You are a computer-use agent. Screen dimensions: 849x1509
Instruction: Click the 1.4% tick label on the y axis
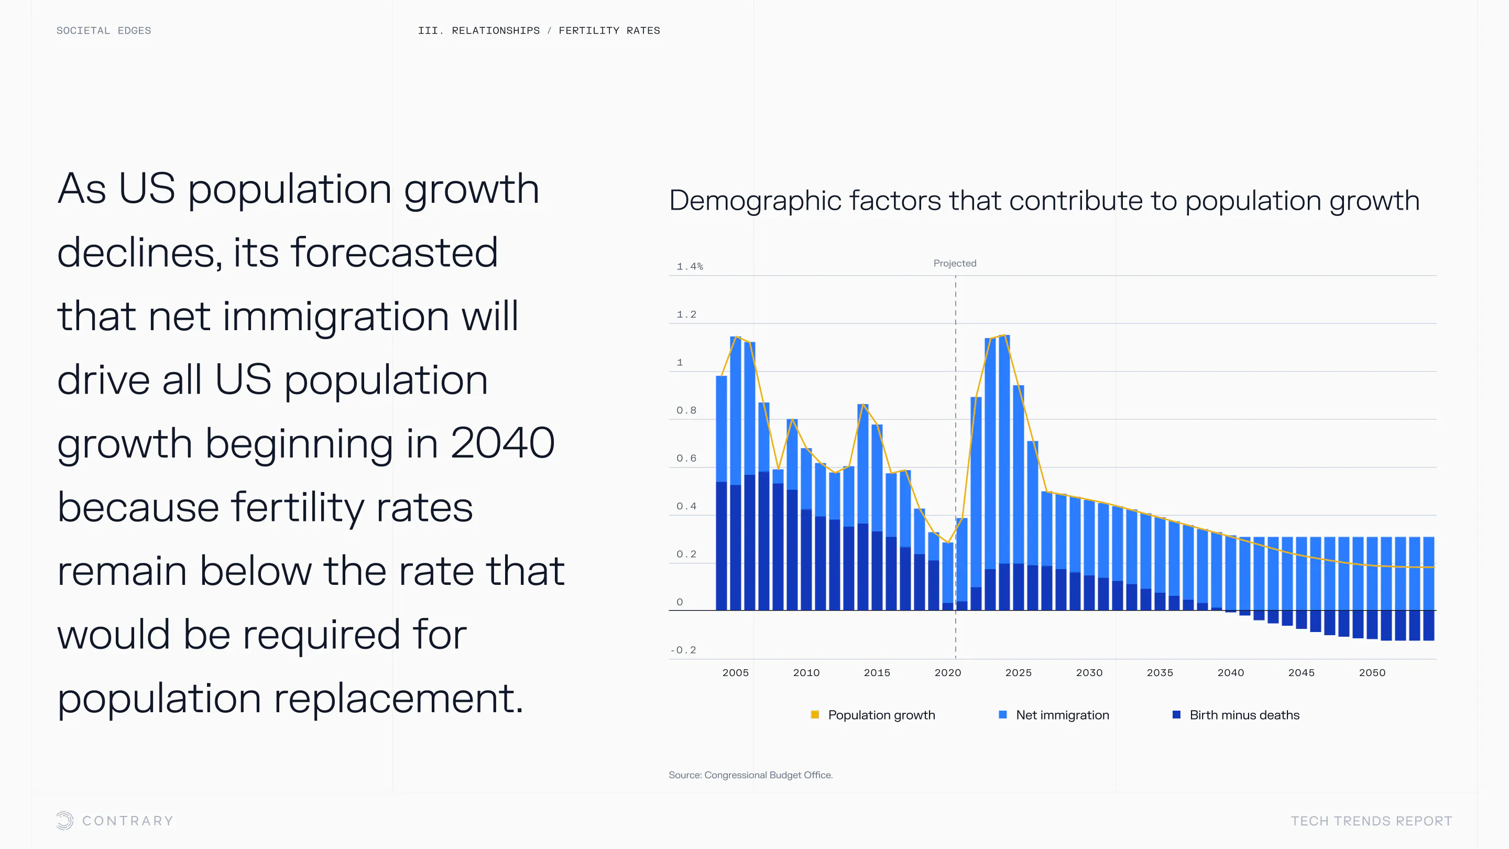(x=690, y=267)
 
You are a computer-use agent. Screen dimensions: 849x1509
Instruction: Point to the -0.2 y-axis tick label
(x=683, y=650)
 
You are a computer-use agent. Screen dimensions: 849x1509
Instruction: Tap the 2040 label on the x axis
(x=1230, y=672)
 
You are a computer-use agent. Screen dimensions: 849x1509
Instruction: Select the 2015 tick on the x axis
(x=877, y=672)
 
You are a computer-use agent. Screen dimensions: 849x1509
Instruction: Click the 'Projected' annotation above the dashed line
(x=954, y=263)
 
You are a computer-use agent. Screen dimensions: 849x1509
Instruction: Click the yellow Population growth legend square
(x=814, y=714)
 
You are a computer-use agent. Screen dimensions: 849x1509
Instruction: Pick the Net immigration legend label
(x=1062, y=715)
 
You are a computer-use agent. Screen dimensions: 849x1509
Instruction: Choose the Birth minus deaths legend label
(x=1244, y=715)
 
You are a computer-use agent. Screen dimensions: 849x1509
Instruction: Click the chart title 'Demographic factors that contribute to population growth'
(x=1044, y=200)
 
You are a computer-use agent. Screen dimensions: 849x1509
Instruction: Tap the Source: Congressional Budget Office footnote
(x=750, y=775)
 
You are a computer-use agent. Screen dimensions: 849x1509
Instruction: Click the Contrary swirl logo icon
(x=65, y=820)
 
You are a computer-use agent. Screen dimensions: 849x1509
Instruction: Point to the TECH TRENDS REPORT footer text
(x=1371, y=821)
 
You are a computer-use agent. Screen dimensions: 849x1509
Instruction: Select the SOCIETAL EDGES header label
(x=104, y=30)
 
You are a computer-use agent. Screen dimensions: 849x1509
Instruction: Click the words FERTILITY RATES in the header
(x=609, y=30)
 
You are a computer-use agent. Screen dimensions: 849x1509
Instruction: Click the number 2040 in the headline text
(x=502, y=443)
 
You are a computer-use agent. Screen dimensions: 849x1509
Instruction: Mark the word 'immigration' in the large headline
(x=336, y=317)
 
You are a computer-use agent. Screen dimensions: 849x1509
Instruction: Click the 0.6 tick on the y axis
(x=686, y=458)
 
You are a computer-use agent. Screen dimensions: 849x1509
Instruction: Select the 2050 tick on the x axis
(x=1371, y=672)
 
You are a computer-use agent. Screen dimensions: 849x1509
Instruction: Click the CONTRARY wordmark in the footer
(x=128, y=821)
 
